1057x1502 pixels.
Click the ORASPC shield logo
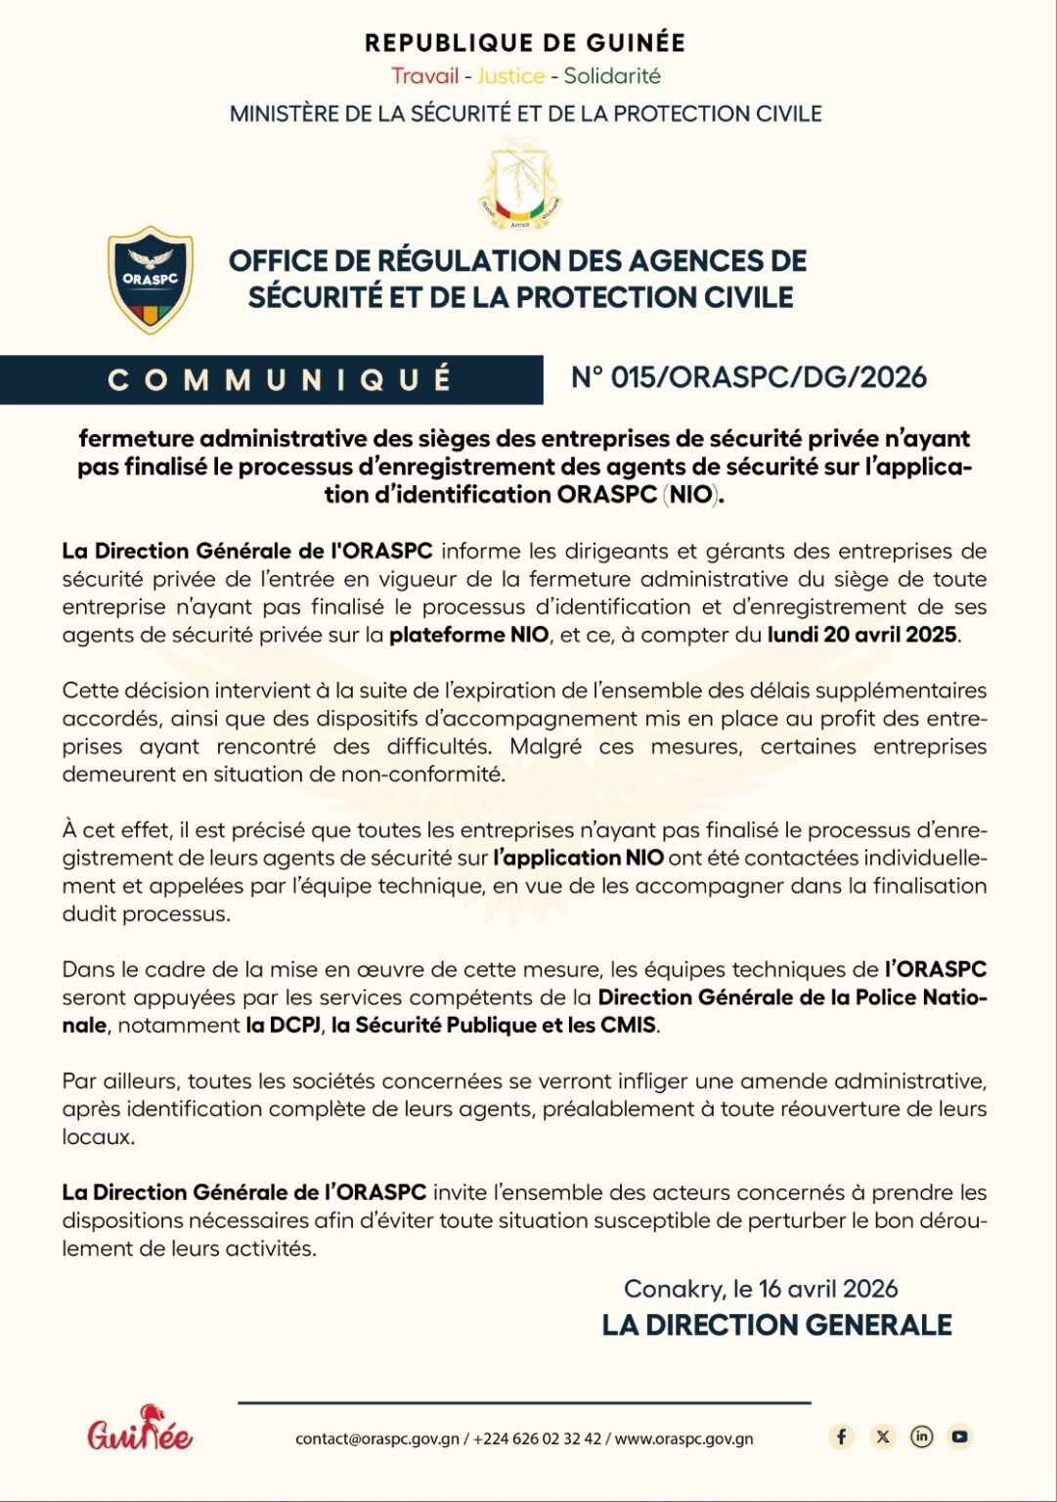pyautogui.click(x=150, y=280)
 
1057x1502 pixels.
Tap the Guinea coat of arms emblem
pyautogui.click(x=520, y=184)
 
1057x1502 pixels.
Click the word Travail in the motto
pyautogui.click(x=425, y=75)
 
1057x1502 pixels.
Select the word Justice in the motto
pyautogui.click(x=510, y=75)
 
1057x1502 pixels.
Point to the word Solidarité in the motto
pyautogui.click(x=612, y=75)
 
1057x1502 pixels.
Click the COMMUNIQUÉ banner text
pyautogui.click(x=280, y=379)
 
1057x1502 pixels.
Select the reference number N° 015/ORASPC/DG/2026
pyautogui.click(x=749, y=377)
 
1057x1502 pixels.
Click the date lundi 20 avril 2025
pyautogui.click(x=861, y=635)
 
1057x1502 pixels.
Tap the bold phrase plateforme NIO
pyautogui.click(x=462, y=635)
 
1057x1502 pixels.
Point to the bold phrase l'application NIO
pyautogui.click(x=579, y=858)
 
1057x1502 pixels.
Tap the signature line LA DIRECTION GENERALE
pyautogui.click(x=776, y=1325)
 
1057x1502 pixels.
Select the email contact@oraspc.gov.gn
pyautogui.click(x=377, y=1438)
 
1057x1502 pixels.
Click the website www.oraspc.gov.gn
pyautogui.click(x=683, y=1438)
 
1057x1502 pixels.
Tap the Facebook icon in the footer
pyautogui.click(x=842, y=1436)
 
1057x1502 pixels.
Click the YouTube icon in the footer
pyautogui.click(x=960, y=1436)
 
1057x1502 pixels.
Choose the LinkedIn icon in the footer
pyautogui.click(x=921, y=1436)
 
